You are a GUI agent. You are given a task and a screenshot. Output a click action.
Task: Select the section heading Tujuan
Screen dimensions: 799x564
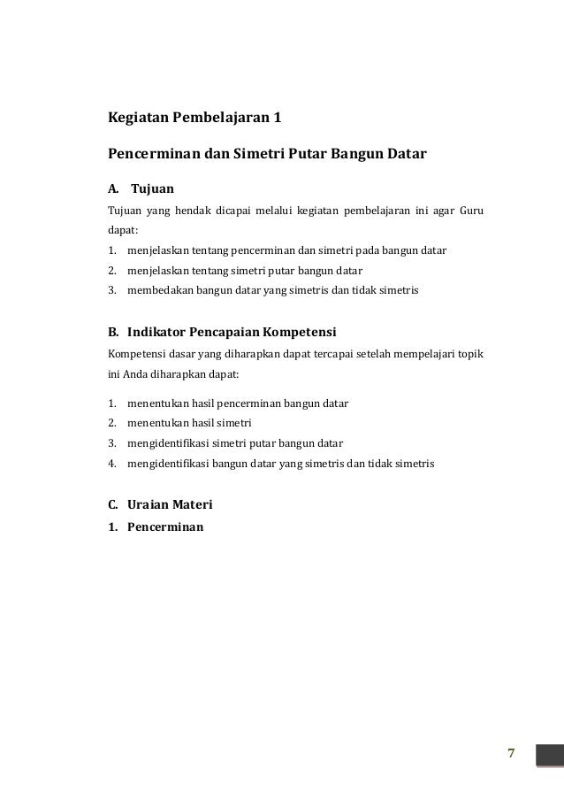[153, 188]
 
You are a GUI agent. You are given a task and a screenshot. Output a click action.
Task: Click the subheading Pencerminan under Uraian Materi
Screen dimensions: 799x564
[165, 526]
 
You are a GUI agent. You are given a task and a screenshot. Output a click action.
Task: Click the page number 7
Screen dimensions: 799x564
[511, 753]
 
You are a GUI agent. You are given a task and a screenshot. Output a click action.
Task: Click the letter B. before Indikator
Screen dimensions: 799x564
[113, 333]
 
